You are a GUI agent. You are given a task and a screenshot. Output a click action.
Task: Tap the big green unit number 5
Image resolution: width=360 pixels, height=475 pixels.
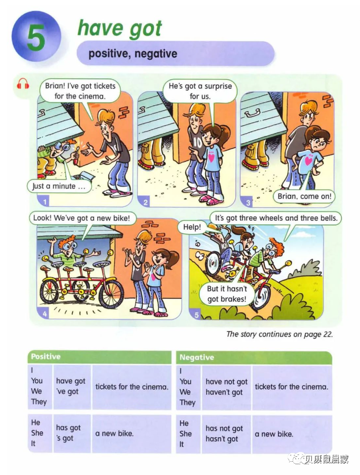click(35, 38)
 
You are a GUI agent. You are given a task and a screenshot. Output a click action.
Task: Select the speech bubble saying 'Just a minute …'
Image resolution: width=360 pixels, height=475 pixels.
click(59, 186)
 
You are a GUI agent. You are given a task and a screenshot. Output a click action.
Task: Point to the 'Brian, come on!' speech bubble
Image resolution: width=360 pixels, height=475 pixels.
click(304, 196)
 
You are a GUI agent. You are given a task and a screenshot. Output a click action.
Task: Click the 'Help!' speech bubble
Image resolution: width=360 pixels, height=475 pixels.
click(192, 227)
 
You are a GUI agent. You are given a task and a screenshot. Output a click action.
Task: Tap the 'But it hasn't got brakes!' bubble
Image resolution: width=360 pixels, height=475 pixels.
click(226, 294)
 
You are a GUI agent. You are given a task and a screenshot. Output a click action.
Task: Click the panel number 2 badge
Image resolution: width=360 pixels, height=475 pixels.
click(145, 202)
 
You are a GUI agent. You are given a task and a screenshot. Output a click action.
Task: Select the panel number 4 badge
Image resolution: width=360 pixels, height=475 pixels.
click(44, 313)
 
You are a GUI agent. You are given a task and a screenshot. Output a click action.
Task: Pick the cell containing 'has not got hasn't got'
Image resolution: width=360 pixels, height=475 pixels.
click(226, 433)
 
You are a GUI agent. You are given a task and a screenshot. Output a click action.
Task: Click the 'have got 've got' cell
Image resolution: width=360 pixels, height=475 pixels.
click(72, 386)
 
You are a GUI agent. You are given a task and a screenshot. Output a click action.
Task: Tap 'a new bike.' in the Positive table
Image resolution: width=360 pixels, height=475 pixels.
click(114, 433)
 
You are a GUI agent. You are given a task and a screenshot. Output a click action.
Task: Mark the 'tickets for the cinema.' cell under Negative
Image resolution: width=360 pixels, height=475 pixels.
click(292, 387)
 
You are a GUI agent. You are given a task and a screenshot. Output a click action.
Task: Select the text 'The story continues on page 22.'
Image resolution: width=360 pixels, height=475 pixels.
click(279, 335)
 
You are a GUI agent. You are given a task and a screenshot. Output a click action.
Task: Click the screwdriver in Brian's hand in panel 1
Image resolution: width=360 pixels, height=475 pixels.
click(77, 155)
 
